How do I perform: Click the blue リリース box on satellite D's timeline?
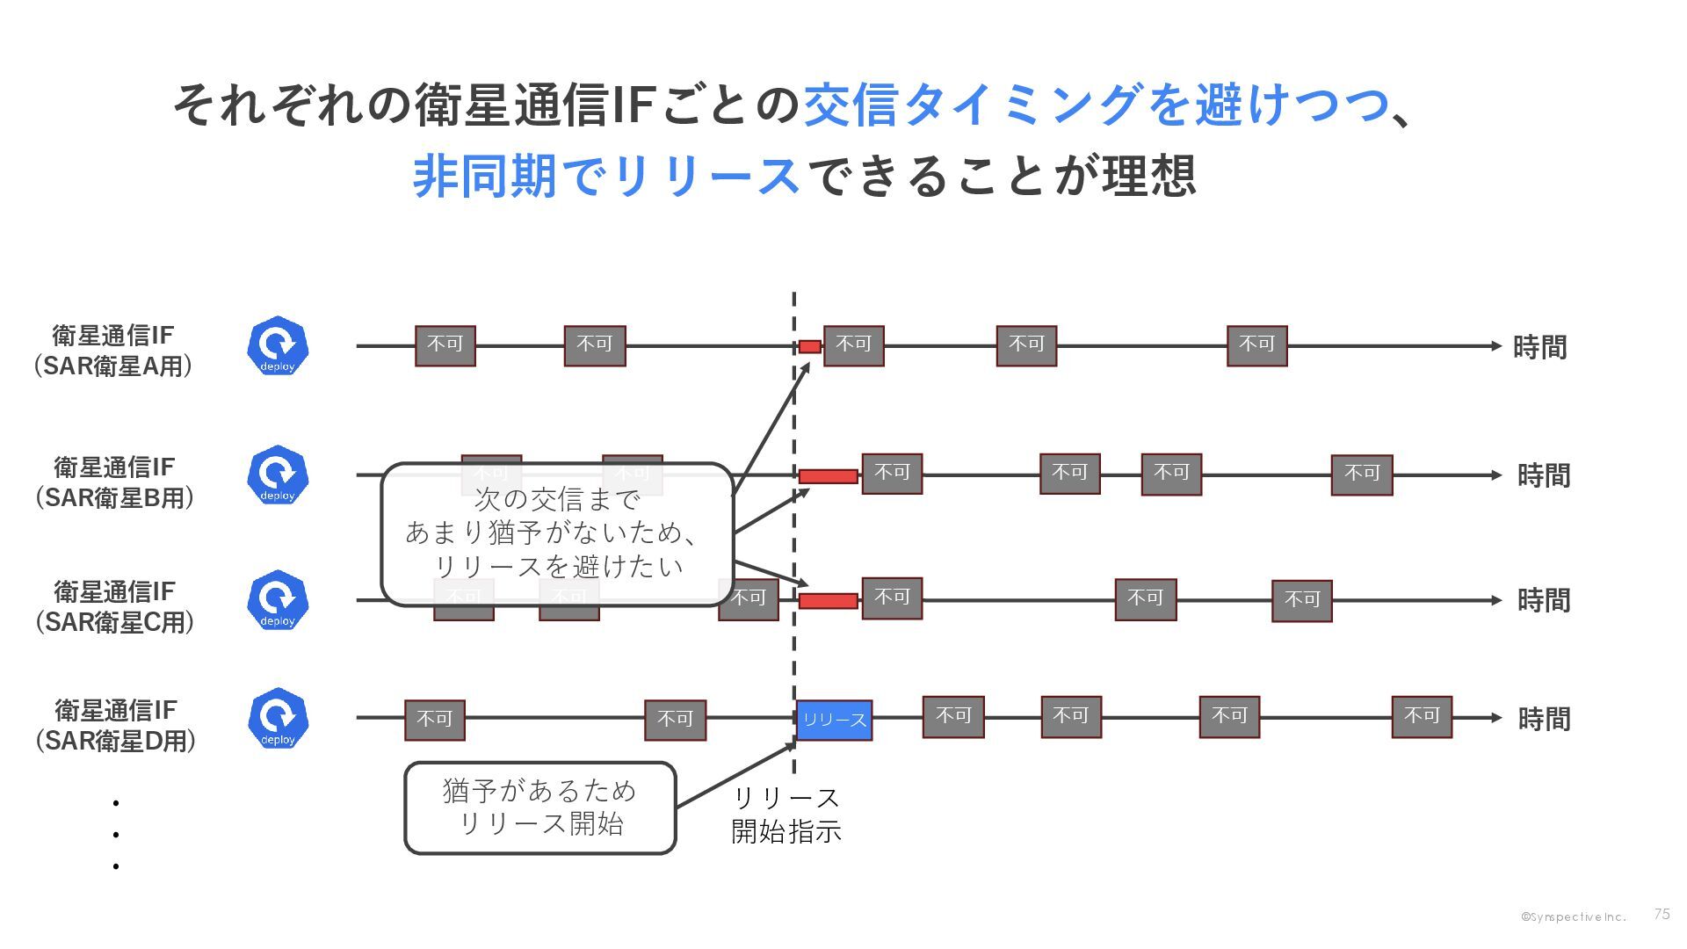(834, 720)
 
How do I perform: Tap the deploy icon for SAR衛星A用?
(278, 345)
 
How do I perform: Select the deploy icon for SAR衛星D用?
(278, 718)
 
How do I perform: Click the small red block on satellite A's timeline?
(809, 346)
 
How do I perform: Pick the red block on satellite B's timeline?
(828, 476)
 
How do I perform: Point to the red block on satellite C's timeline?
(828, 601)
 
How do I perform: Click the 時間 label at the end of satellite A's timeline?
(1539, 347)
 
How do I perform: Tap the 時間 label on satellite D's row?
(1544, 719)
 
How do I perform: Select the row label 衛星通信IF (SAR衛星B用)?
(114, 482)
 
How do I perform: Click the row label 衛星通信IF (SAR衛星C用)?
(114, 606)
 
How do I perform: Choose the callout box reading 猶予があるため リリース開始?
(539, 808)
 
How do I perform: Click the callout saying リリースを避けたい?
(556, 533)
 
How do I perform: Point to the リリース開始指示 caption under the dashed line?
(786, 815)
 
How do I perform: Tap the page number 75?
(1661, 914)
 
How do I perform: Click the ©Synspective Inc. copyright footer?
(1573, 916)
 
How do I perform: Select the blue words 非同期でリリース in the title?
(605, 175)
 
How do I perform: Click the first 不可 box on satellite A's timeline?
(445, 345)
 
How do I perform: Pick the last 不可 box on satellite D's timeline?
(1421, 717)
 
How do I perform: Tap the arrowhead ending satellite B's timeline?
(1496, 475)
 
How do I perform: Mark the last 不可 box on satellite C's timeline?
(1301, 601)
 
